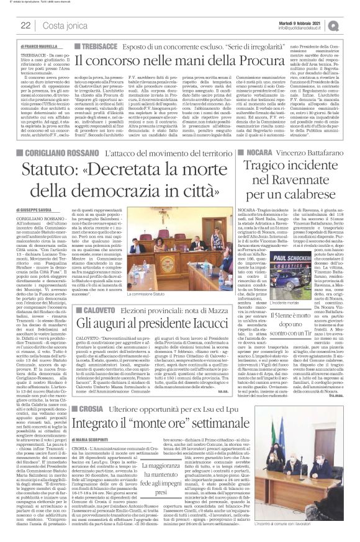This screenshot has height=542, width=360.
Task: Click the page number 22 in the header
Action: (25, 25)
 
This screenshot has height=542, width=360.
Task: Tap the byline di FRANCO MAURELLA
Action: (38, 47)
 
